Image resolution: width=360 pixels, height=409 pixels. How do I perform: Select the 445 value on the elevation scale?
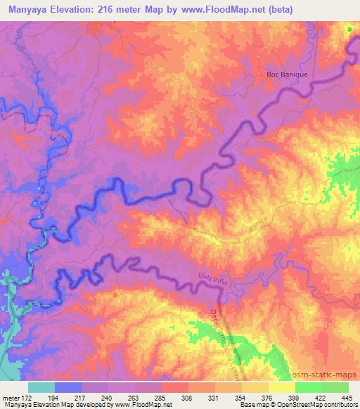click(x=346, y=398)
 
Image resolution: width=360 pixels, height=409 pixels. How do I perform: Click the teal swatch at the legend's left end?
click(x=41, y=387)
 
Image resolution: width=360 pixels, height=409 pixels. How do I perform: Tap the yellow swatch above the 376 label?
click(x=255, y=387)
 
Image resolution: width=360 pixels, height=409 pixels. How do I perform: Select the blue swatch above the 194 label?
click(x=68, y=387)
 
